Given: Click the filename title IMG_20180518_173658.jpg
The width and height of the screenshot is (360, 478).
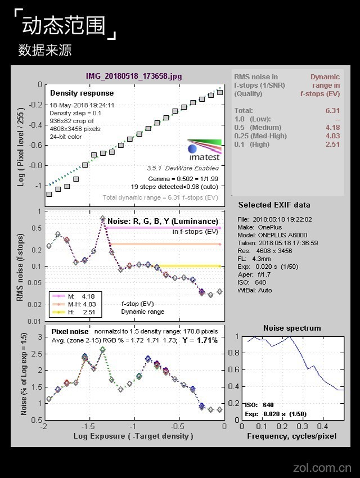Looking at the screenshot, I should point(134,76).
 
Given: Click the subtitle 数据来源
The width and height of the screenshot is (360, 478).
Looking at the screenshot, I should point(45,51).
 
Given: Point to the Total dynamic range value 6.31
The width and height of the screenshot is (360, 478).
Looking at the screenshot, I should point(333,111).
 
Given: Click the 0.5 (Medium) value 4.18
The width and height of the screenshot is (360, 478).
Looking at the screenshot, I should point(333,128).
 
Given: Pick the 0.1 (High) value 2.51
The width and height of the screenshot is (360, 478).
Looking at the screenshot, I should point(333,145).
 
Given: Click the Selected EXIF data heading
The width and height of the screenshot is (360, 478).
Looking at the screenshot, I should point(274,205).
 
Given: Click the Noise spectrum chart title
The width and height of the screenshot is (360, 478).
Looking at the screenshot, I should point(292,328).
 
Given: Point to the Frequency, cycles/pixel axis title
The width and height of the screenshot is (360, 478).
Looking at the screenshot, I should point(291,436).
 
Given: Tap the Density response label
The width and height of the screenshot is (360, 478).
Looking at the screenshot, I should point(82,93).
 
